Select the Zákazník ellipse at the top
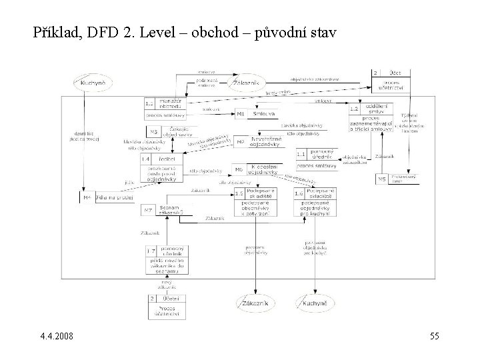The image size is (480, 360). tap(247, 83)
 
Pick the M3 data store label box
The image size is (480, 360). tap(153, 131)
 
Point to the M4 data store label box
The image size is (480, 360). tap(87, 198)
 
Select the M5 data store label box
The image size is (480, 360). tap(382, 179)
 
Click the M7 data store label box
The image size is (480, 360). tap(148, 211)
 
